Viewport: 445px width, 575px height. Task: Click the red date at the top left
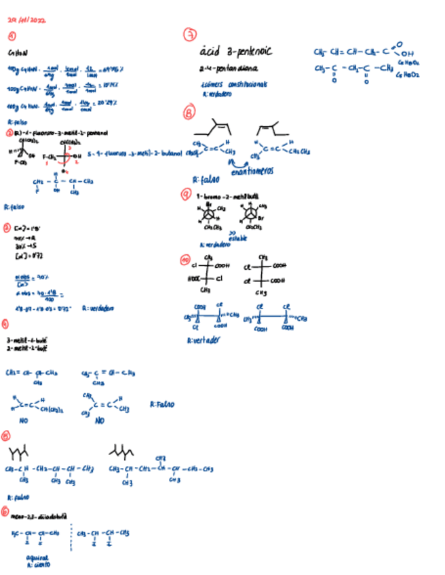pos(27,21)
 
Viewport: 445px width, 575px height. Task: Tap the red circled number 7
pos(191,35)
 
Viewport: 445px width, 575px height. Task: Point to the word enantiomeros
pos(252,172)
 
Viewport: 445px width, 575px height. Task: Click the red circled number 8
pos(190,113)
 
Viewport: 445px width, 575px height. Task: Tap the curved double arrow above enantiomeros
pos(239,163)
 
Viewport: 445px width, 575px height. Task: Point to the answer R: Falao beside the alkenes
pos(162,405)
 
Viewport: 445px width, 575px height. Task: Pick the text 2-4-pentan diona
pos(225,68)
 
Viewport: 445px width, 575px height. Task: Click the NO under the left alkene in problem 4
pos(24,420)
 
